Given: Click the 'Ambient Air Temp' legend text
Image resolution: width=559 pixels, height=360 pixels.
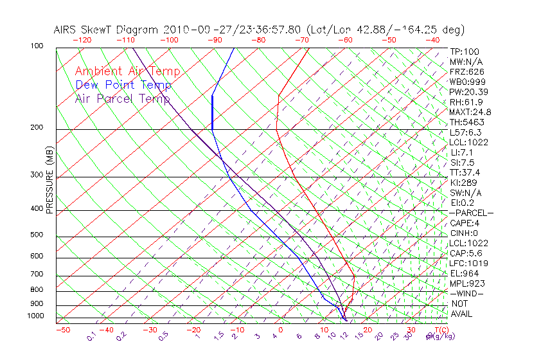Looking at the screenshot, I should [127, 71].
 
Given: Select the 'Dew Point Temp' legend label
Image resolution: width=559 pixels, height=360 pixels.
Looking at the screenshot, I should [123, 85].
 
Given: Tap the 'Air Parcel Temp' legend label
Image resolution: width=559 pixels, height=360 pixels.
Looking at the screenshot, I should [122, 98].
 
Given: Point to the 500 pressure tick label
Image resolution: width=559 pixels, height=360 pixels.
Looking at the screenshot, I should [37, 235].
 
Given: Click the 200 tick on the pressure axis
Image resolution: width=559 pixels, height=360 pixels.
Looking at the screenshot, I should [37, 127].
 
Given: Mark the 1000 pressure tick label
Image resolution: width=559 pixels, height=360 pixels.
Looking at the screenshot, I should [35, 316].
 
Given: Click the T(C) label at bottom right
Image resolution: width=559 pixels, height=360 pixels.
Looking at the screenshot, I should [440, 329].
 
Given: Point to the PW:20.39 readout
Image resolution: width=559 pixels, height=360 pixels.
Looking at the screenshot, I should [467, 92].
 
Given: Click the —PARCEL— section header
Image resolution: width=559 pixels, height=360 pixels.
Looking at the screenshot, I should [472, 213].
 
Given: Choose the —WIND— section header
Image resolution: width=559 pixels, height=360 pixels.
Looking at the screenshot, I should [466, 293].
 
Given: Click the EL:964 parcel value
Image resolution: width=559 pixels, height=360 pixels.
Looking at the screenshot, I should [463, 273].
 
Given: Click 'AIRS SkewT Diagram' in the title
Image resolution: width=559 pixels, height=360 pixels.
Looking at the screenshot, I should [107, 30].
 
